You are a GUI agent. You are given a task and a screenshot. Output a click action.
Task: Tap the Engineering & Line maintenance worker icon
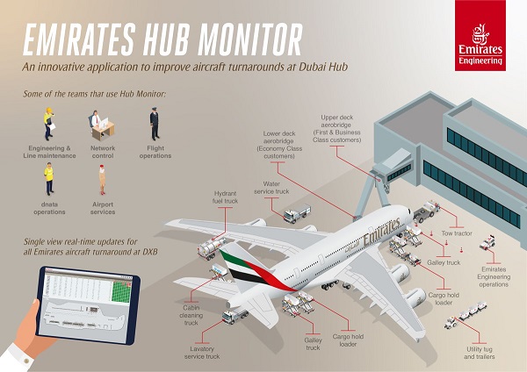(x=48, y=122)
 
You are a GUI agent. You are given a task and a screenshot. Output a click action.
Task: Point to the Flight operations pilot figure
(x=154, y=122)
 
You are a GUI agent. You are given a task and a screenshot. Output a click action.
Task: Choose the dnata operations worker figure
(x=49, y=179)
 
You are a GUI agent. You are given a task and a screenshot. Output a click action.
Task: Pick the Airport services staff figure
(x=102, y=179)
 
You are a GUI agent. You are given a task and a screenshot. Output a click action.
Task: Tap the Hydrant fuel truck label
(x=226, y=197)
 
